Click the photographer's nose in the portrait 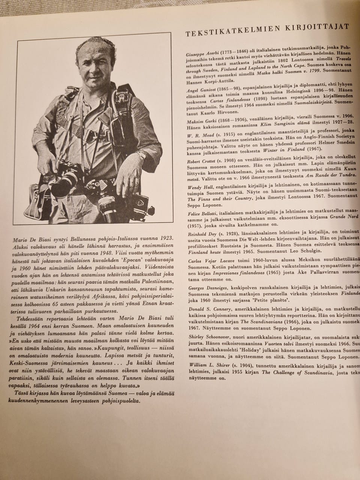[x=91, y=74]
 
